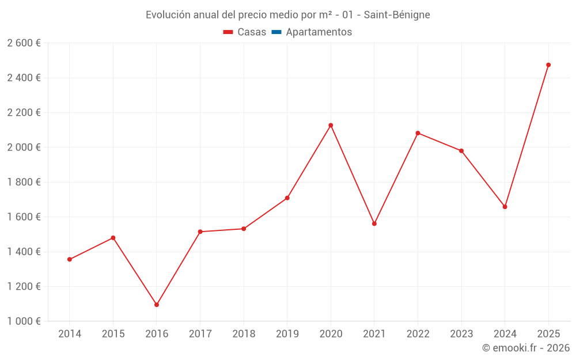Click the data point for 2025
coord(548,65)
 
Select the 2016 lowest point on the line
coord(157,305)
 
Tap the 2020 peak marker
coord(331,126)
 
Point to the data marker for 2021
coord(374,223)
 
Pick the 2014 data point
coord(70,259)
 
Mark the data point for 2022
coord(418,133)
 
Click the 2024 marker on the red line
coord(505,207)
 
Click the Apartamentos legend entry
coord(319,32)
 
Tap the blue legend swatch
coord(276,32)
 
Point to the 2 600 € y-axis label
coord(24,43)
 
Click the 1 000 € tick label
coord(24,321)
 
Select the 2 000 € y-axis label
coord(24,147)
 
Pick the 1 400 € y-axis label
coord(24,252)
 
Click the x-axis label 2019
coord(287,334)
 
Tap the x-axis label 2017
coord(200,334)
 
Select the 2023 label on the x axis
coord(461,334)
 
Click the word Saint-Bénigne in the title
coord(397,15)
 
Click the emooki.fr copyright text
coord(526,348)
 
